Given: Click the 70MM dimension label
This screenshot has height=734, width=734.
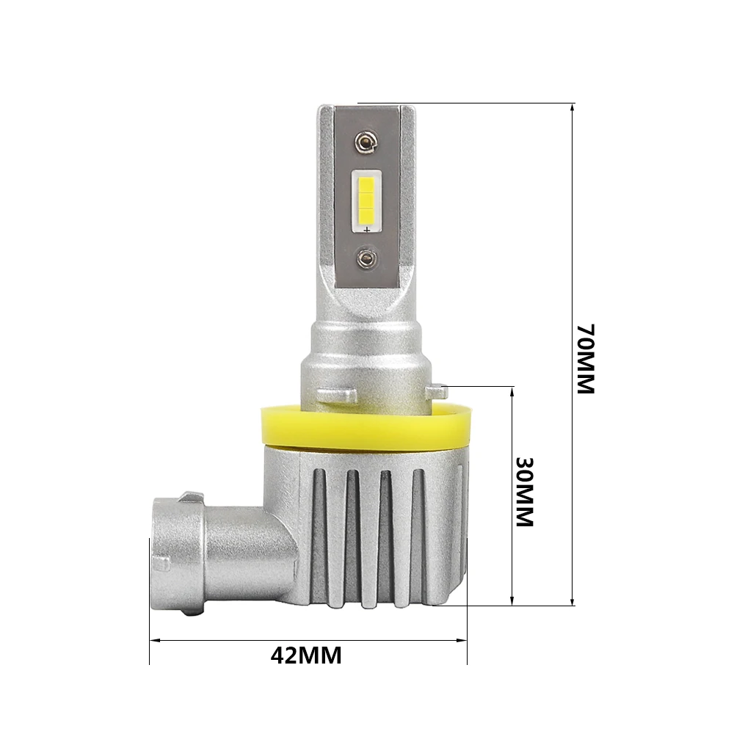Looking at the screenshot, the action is pos(585,359).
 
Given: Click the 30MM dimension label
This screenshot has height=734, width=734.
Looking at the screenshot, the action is pos(525,492).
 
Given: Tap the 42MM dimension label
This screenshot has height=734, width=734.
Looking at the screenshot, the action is pos(306,655).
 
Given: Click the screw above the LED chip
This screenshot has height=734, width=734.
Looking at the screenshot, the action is pos(365,142).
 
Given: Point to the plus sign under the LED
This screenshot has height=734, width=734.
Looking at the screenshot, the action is pos(367,229).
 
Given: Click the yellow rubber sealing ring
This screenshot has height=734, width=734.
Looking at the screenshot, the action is pos(364,429).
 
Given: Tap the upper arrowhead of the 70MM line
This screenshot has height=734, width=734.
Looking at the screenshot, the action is pos(572,108).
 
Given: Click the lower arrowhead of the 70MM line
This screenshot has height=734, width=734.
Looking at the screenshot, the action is pos(572,601).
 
